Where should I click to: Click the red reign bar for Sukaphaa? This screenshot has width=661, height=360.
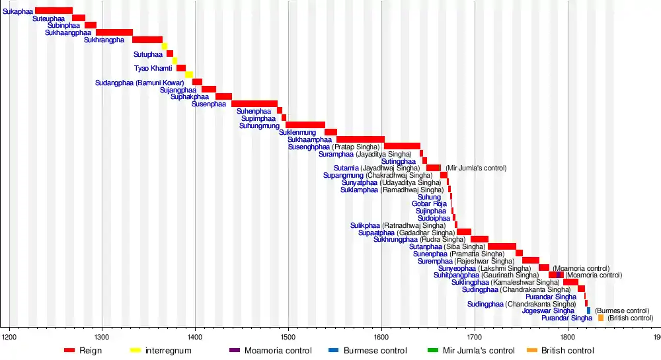[54, 11]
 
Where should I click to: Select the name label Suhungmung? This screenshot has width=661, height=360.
[259, 126]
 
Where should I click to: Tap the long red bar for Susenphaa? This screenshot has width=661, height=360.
[254, 104]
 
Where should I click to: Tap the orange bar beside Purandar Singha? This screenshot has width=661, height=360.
[601, 318]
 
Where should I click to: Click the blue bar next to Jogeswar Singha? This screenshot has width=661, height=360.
[588, 310]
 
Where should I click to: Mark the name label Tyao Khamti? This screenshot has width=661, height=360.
[153, 68]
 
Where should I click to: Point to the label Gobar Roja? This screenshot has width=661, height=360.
[429, 204]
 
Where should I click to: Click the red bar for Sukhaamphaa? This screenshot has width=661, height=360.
[360, 139]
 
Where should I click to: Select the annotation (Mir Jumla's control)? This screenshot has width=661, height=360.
[476, 168]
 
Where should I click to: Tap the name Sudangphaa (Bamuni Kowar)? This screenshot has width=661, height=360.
[143, 83]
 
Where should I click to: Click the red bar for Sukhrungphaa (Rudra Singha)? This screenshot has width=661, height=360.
[479, 239]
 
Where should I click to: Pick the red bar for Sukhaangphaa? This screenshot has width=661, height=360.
[114, 32]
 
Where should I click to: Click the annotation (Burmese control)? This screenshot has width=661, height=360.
[621, 310]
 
